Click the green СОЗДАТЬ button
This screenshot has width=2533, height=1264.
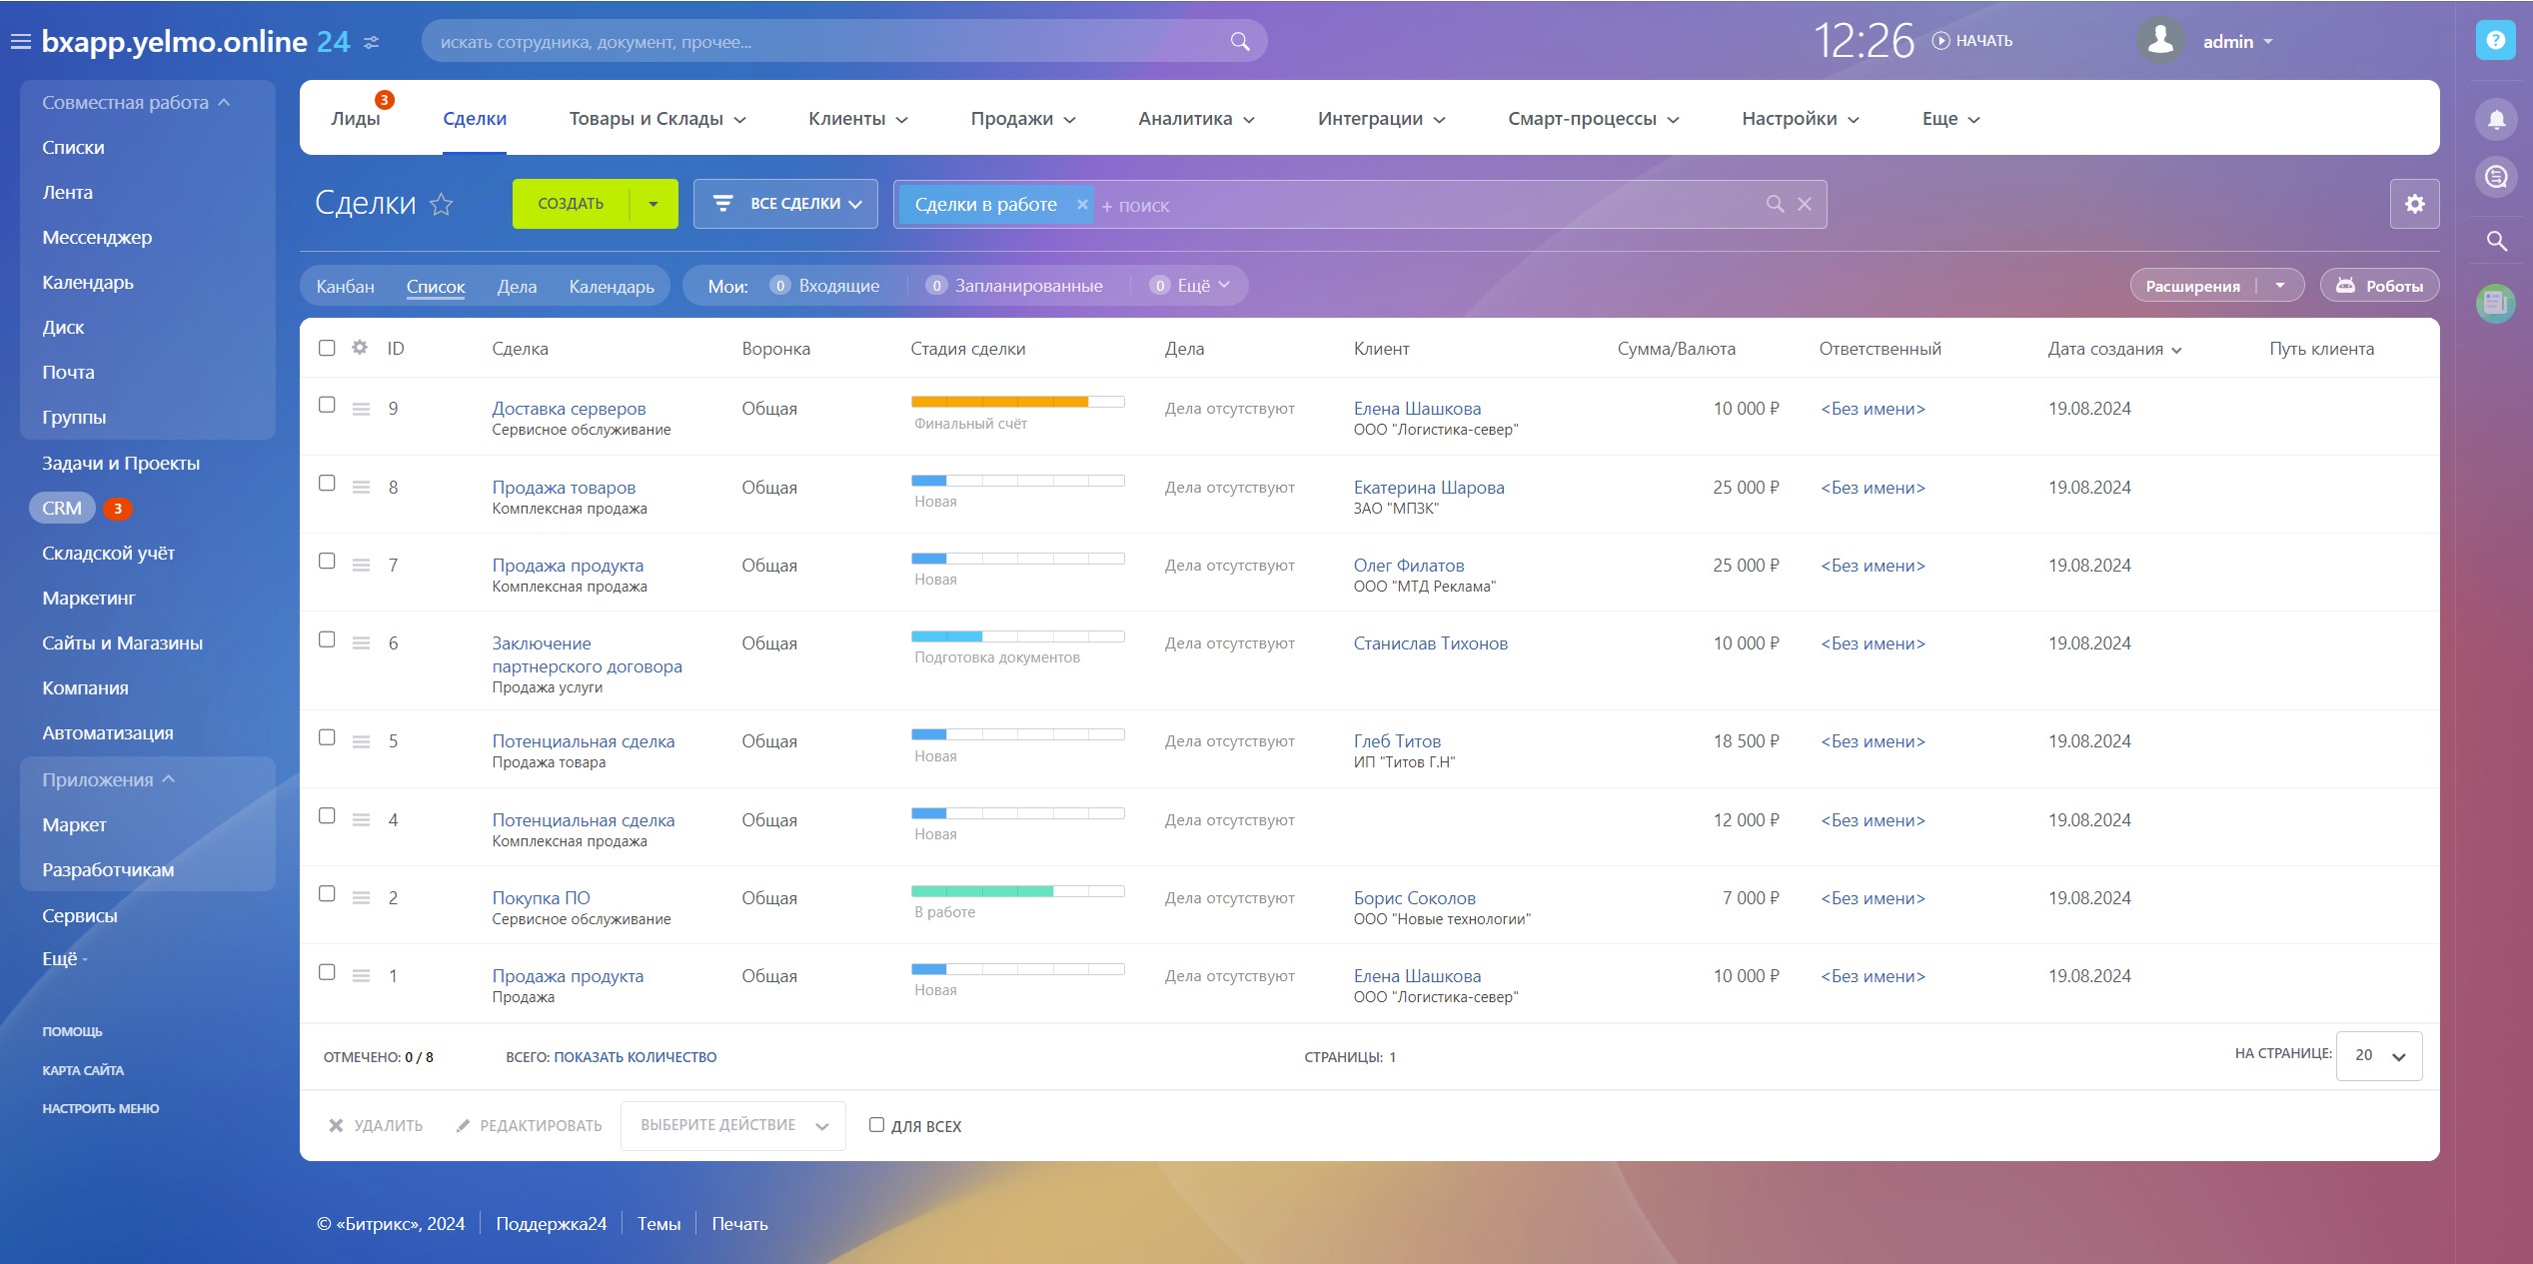pos(571,204)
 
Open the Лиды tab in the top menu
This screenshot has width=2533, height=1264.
pos(356,119)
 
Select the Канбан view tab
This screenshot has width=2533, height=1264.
pos(345,287)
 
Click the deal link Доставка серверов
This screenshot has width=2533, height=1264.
pos(569,409)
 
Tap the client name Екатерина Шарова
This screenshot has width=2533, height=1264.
pos(1428,488)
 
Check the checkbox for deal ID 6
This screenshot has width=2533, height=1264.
pos(327,639)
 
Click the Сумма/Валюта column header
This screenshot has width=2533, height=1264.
pos(1676,349)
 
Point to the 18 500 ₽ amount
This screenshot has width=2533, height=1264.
pos(1746,741)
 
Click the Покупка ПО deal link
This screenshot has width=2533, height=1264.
pos(541,898)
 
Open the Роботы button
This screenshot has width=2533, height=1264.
pos(2379,286)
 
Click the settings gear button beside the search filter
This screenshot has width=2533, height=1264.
pos(2414,204)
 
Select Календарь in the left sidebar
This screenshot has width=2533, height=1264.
pos(88,283)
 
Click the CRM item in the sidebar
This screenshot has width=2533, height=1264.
pos(62,509)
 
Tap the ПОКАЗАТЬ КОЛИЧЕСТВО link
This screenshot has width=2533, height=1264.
pos(634,1057)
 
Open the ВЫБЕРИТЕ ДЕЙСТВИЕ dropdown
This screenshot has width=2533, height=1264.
pos(732,1126)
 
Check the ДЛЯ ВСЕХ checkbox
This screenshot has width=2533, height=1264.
pos(876,1125)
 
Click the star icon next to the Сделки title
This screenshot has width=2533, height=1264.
pos(441,205)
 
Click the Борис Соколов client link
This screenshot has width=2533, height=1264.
pos(1414,898)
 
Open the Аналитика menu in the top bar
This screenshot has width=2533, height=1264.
pos(1195,119)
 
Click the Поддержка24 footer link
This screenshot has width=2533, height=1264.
pos(551,1224)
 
